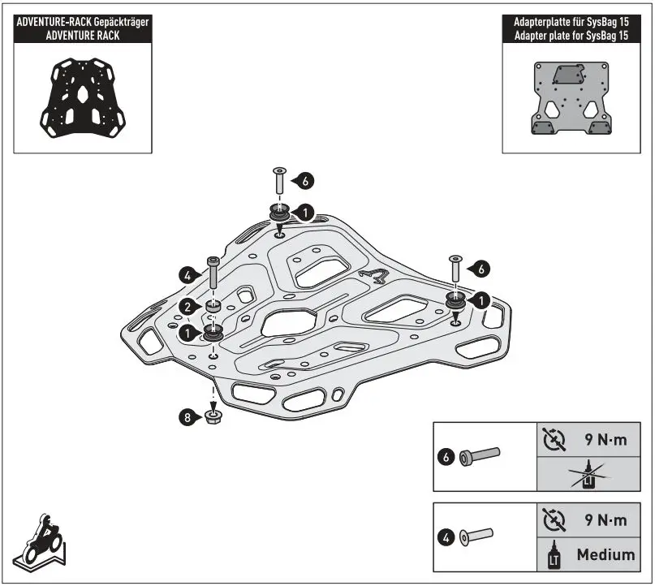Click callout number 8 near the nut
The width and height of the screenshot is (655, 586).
(187, 418)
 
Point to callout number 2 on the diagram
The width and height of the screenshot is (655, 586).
(187, 307)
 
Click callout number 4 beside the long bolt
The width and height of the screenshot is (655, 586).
(187, 276)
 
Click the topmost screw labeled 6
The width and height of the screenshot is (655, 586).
(278, 182)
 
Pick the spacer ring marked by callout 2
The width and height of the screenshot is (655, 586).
(213, 308)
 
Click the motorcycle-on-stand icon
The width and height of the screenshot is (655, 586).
(41, 541)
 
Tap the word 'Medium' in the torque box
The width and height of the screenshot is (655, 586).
(605, 555)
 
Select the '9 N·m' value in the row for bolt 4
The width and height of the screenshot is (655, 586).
(605, 521)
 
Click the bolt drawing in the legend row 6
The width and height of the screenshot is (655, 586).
(480, 457)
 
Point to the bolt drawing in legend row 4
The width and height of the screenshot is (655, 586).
(480, 536)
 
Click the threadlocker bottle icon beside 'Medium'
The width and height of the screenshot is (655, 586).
(554, 555)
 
